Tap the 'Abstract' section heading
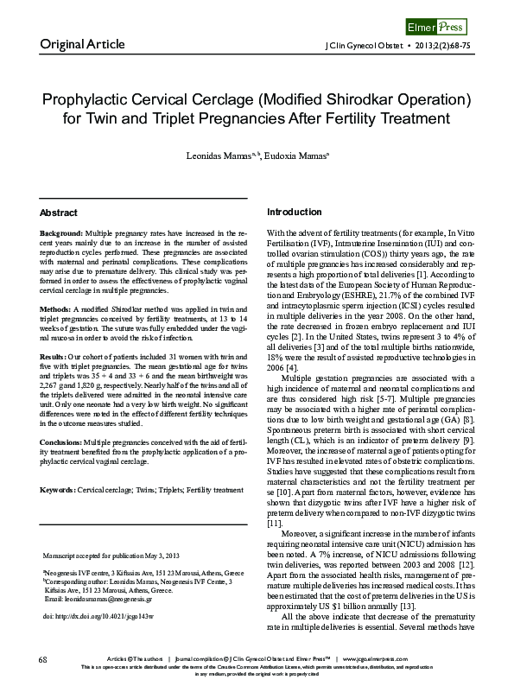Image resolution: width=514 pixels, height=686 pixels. pyautogui.click(x=59, y=212)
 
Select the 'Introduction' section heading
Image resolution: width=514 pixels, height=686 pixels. pyautogui.click(x=295, y=212)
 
